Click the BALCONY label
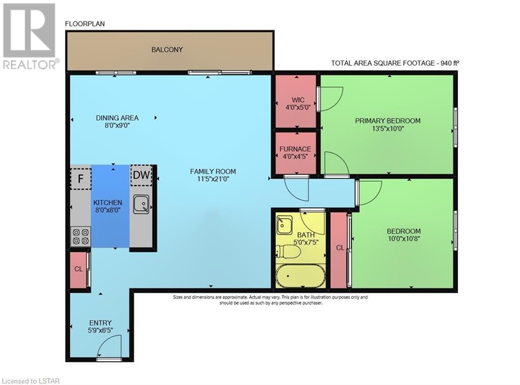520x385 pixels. (167, 50)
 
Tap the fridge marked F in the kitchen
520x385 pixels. (81, 179)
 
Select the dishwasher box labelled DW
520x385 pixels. (141, 175)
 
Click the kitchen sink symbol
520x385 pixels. (141, 204)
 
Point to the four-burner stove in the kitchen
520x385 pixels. (81, 237)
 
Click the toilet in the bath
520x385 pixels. (288, 252)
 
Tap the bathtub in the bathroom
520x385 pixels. (301, 276)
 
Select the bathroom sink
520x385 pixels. (284, 225)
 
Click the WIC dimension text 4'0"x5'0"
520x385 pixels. (298, 108)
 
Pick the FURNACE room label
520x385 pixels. (295, 149)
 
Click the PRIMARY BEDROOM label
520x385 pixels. (387, 121)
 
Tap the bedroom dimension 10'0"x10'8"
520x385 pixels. (404, 238)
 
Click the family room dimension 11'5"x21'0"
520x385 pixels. (213, 179)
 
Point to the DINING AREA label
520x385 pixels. (117, 118)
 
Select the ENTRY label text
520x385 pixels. (100, 323)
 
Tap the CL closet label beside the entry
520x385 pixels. (78, 269)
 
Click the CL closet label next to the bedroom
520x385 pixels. (340, 248)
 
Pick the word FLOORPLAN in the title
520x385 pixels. (85, 24)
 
